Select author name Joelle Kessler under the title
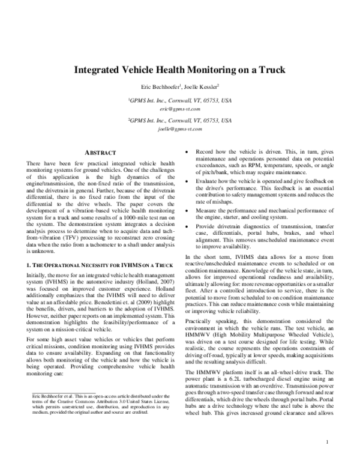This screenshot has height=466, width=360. [199, 86]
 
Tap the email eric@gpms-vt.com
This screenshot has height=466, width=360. [179, 110]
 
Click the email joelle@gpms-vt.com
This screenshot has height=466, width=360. [179, 129]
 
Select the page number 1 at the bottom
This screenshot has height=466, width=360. [328, 443]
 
